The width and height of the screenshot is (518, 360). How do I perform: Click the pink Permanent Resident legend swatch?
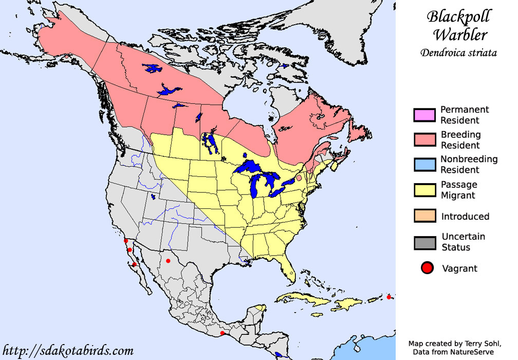coord(424,115)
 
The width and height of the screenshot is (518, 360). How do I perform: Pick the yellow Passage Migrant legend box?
coord(424,190)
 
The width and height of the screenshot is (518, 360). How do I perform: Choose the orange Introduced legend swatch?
coord(424,217)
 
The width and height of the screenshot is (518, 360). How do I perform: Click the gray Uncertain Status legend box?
coord(424,242)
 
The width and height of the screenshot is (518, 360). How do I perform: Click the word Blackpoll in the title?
coord(459,17)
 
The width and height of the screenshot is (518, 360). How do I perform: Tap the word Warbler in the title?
coord(459,35)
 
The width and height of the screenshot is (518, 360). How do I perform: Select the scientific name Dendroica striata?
coord(458,52)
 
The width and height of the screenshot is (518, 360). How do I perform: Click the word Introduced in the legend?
coord(465,217)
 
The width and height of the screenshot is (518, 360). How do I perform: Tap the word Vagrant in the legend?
coord(459,268)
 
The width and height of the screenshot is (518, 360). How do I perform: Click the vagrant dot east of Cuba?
coord(389,297)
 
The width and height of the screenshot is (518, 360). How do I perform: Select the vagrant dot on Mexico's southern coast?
coord(222,333)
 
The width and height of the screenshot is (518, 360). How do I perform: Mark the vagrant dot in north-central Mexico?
coord(168,261)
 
